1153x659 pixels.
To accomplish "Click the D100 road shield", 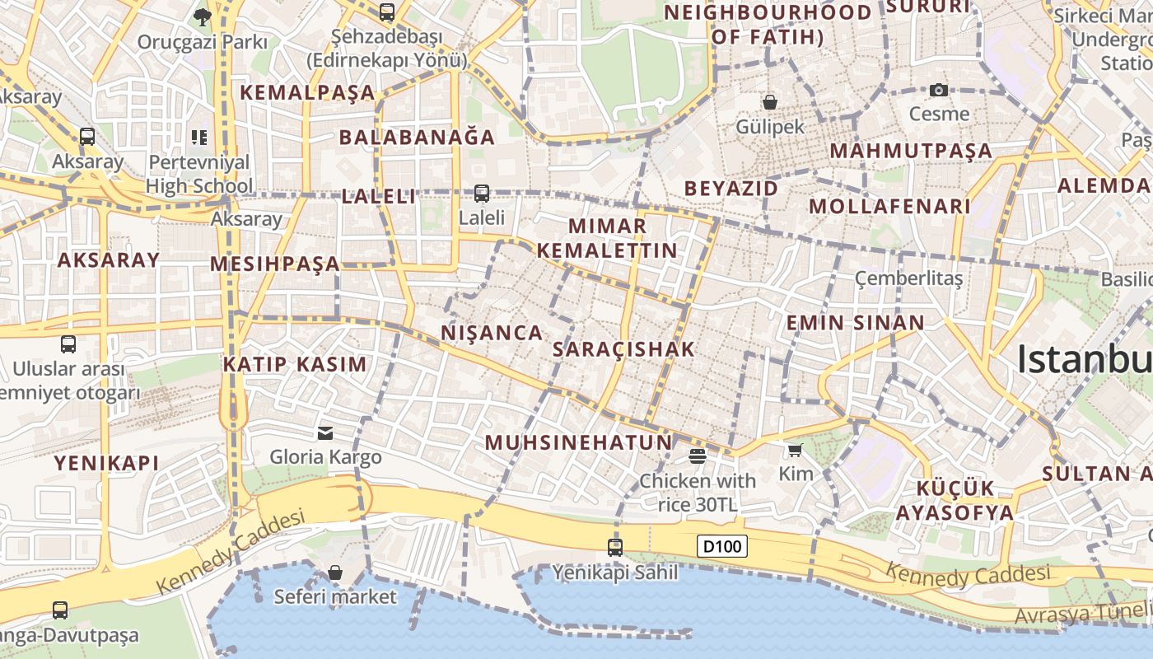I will (x=722, y=546).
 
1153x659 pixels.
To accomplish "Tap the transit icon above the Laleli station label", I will (x=482, y=194).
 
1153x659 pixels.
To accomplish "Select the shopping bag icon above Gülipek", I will (x=769, y=102).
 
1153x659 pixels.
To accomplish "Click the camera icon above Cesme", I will (x=939, y=90).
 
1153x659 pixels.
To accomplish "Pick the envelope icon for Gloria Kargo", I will (x=325, y=432).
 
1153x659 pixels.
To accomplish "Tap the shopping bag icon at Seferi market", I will (x=335, y=572).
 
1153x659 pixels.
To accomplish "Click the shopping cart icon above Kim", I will (x=795, y=450).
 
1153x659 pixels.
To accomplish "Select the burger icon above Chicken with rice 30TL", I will (x=698, y=456).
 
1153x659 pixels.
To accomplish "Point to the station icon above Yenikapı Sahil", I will (x=614, y=547).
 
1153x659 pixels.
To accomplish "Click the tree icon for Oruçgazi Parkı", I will (x=202, y=16).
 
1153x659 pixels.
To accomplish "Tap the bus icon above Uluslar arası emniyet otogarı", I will (x=68, y=344).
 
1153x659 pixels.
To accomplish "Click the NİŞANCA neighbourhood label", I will (x=492, y=333).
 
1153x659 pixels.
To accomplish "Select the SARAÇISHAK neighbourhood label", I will (x=623, y=349).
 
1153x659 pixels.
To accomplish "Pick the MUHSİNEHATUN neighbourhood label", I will (x=578, y=442).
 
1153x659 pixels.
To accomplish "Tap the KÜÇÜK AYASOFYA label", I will (x=955, y=500).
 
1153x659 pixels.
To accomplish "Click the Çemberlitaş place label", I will (x=908, y=278).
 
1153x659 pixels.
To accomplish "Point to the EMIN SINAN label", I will (x=855, y=323).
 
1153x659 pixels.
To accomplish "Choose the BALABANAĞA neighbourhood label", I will (x=417, y=138).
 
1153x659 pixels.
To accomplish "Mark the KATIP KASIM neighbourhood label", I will (x=295, y=364).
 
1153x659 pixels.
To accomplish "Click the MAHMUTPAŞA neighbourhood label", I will (x=911, y=151).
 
